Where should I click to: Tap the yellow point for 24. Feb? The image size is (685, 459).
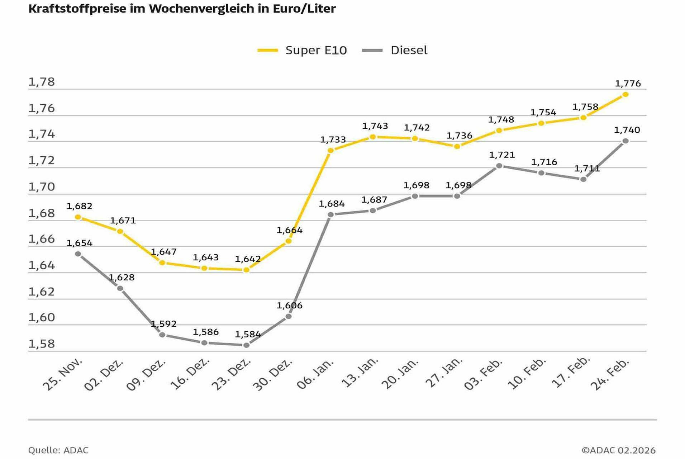(x=625, y=94)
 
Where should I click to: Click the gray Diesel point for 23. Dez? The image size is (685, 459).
(x=246, y=345)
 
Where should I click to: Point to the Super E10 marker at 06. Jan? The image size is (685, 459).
(x=330, y=150)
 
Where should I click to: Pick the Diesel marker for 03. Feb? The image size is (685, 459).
(x=499, y=166)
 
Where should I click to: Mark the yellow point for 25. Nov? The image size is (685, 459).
(x=78, y=217)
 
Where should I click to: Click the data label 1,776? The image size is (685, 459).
(x=628, y=84)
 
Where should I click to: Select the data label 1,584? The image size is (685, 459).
(x=248, y=334)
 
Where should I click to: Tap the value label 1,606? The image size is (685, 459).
(x=289, y=306)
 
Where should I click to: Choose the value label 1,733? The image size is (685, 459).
(x=333, y=139)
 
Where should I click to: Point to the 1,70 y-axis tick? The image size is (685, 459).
(x=42, y=187)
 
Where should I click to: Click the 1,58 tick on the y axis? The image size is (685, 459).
(x=42, y=344)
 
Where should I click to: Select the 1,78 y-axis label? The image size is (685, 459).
(x=42, y=82)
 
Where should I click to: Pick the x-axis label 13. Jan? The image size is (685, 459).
(x=360, y=373)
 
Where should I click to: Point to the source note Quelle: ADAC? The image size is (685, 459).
(x=58, y=450)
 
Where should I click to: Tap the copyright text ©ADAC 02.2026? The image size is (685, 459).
(x=618, y=450)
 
